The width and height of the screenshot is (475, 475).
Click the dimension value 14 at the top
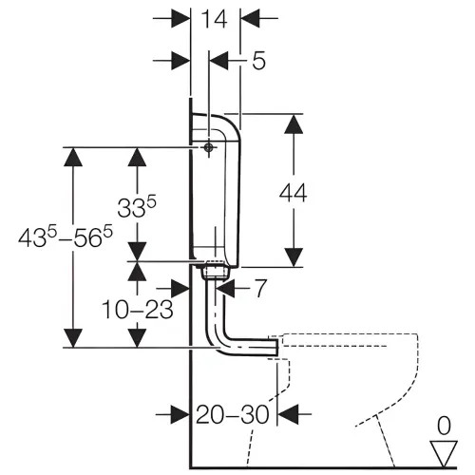coord(215,19)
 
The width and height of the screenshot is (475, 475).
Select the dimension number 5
coord(258,60)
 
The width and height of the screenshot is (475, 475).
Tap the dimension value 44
coord(294,193)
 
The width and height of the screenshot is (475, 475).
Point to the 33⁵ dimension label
coord(137,206)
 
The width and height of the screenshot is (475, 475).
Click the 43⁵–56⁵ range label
coord(66,237)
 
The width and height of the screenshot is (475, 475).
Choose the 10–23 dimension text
coord(137,310)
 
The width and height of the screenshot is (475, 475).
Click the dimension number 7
coord(260,288)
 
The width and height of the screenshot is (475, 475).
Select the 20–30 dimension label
coord(233,414)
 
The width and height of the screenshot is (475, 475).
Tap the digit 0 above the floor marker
coord(444,426)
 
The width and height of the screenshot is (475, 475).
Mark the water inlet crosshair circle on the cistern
coord(208,147)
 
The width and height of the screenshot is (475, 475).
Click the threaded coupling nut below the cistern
coord(216,270)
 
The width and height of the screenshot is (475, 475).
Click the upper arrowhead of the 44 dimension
coord(294,124)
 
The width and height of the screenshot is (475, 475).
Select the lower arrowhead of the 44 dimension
coord(294,257)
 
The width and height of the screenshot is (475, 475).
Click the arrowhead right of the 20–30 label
coord(289,413)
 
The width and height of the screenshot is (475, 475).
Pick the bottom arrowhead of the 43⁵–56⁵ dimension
coord(73,338)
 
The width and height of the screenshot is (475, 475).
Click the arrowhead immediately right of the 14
coord(250,18)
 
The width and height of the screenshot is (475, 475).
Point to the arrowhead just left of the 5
coord(218,60)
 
